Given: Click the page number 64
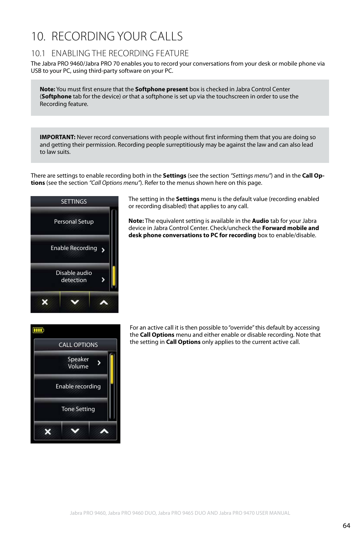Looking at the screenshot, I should (346, 526).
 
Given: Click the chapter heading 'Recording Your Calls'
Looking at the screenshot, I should (107, 36).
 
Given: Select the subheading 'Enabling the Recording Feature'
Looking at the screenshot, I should (110, 53).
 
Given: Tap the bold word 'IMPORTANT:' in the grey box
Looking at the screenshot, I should (57, 137).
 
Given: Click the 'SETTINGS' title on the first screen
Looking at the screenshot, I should (74, 202).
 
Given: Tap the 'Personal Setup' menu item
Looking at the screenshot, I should (74, 222).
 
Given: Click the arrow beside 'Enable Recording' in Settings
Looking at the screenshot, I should (103, 250).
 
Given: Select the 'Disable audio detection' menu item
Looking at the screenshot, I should (74, 276).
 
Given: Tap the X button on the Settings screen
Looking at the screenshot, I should (45, 302).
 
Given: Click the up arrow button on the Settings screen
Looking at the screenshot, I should (104, 302).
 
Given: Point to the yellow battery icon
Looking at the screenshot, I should (38, 330).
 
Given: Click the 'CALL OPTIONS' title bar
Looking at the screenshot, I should (78, 345).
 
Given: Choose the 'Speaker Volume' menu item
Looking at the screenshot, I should (78, 363).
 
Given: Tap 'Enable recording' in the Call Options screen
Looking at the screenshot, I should (78, 387).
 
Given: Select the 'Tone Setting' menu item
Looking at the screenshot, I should (78, 409).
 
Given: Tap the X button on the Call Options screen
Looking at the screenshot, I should (48, 431).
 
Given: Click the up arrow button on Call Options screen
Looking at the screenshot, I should (104, 431).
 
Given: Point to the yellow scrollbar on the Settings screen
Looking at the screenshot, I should (114, 276).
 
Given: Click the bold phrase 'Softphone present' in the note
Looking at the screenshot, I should (161, 89).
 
